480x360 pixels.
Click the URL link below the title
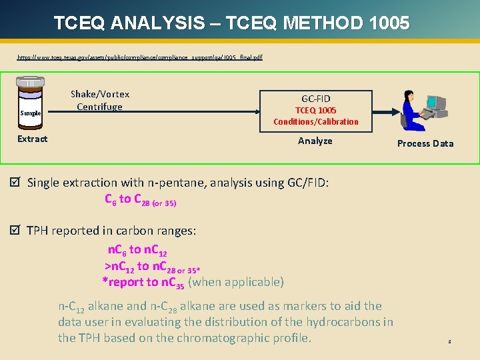pos(139,57)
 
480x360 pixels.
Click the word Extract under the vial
pos(32,139)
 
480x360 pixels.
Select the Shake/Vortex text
pos(100,94)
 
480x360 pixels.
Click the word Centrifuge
pos(99,106)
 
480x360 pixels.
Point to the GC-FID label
pos(315,99)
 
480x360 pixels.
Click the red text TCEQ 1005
pos(315,110)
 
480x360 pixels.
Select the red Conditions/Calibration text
pos(315,121)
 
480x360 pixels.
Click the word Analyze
pos(315,141)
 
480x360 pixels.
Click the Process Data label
pos(425,143)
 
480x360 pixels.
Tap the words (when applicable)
pos(236,282)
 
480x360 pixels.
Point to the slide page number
pos(449,341)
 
